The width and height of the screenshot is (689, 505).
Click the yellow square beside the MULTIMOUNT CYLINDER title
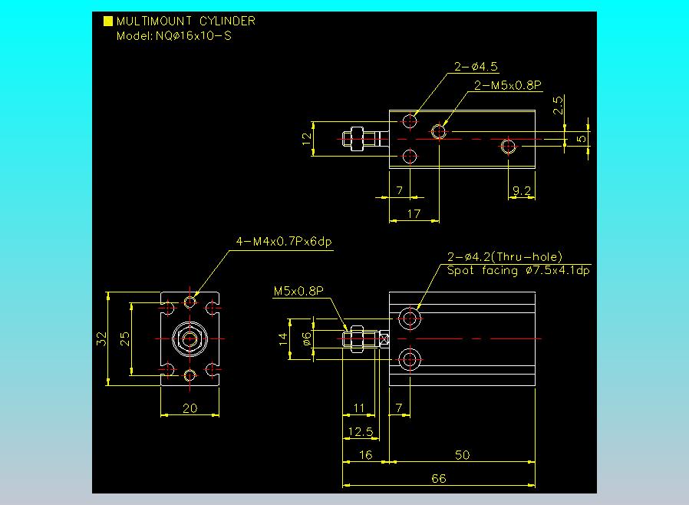pos(108,21)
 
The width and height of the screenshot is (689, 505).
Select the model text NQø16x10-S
pos(173,35)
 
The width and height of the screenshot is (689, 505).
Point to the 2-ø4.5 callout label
pos(476,67)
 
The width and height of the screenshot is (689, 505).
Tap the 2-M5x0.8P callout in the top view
pos(508,85)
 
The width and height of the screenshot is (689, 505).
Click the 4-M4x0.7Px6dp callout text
pos(284,243)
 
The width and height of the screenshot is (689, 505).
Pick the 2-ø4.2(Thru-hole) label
pos(505,257)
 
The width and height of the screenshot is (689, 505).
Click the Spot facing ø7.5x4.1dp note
pos(519,270)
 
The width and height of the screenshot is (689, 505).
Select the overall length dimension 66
pos(438,478)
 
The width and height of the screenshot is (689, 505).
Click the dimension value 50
pos(462,455)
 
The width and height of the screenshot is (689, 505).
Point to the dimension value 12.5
pos(359,432)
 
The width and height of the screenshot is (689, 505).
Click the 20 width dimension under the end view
pos(190,408)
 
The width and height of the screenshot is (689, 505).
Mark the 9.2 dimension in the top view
pos(522,191)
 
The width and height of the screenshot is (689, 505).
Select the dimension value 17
pos(414,214)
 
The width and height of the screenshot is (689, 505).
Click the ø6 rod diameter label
pos(307,338)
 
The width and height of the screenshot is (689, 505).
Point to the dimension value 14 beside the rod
pos(283,338)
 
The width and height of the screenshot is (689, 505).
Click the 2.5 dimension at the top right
pos(559,104)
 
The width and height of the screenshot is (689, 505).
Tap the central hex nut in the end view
pos(190,338)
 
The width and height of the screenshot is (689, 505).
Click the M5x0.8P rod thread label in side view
pos(298,291)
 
